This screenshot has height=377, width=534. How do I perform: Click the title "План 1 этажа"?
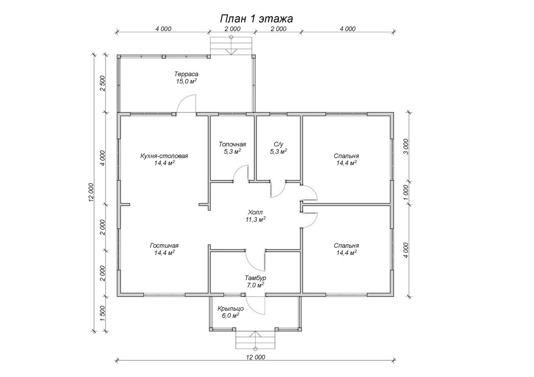coord(256,18)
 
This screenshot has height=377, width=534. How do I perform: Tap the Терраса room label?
coord(185,74)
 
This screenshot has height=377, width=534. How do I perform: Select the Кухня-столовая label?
coord(164,156)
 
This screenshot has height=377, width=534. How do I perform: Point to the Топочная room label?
coord(232,144)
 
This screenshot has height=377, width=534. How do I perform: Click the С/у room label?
coord(278,144)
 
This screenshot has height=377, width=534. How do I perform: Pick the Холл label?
coord(255,212)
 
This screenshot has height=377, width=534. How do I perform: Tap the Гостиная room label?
coord(164,246)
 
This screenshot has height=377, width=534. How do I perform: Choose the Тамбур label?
coord(255,278)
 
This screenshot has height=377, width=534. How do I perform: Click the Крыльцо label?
coord(228,308)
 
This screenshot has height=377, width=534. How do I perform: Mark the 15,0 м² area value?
coord(185,81)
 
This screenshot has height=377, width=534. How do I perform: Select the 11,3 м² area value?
coord(255,219)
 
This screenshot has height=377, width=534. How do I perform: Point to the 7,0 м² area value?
coord(255,285)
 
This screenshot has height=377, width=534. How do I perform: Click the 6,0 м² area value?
coord(229,315)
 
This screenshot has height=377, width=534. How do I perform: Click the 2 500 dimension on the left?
coord(102,83)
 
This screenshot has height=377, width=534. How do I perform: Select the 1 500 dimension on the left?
coord(102,313)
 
